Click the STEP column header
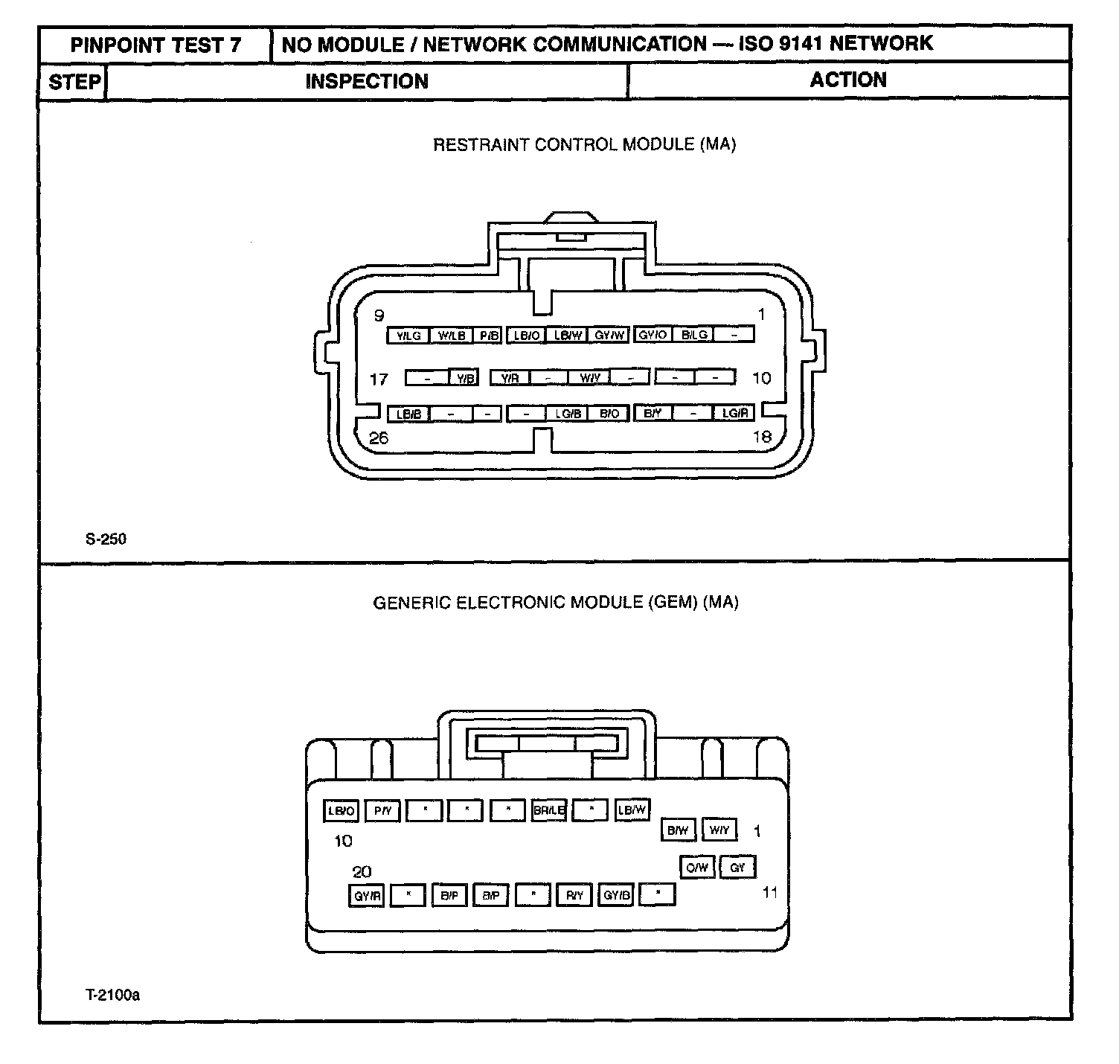[74, 81]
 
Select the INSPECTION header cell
[367, 81]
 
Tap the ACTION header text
[848, 80]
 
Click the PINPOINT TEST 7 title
[155, 45]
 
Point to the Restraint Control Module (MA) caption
[584, 144]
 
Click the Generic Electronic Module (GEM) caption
[555, 602]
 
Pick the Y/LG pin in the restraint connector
[408, 336]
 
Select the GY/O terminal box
[653, 335]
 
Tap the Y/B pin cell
[465, 378]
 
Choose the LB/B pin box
[408, 414]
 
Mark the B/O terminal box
[609, 413]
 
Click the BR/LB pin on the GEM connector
[549, 810]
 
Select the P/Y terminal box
[382, 810]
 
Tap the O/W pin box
[697, 867]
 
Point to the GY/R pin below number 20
[367, 897]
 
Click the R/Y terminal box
[574, 896]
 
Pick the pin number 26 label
[379, 438]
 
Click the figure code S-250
[106, 539]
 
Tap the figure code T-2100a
[112, 994]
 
